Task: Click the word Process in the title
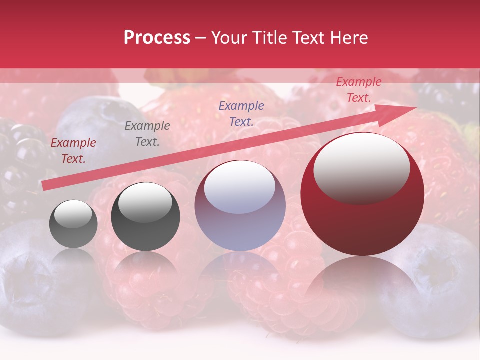(157, 38)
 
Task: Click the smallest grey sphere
(73, 224)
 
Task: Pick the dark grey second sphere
(145, 217)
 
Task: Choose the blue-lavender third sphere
(240, 206)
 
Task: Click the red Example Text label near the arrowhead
(358, 90)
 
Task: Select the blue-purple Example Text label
(241, 114)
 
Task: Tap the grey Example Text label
(147, 134)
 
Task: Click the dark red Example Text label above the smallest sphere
(73, 151)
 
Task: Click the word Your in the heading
(229, 38)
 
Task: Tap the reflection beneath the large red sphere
(362, 285)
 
